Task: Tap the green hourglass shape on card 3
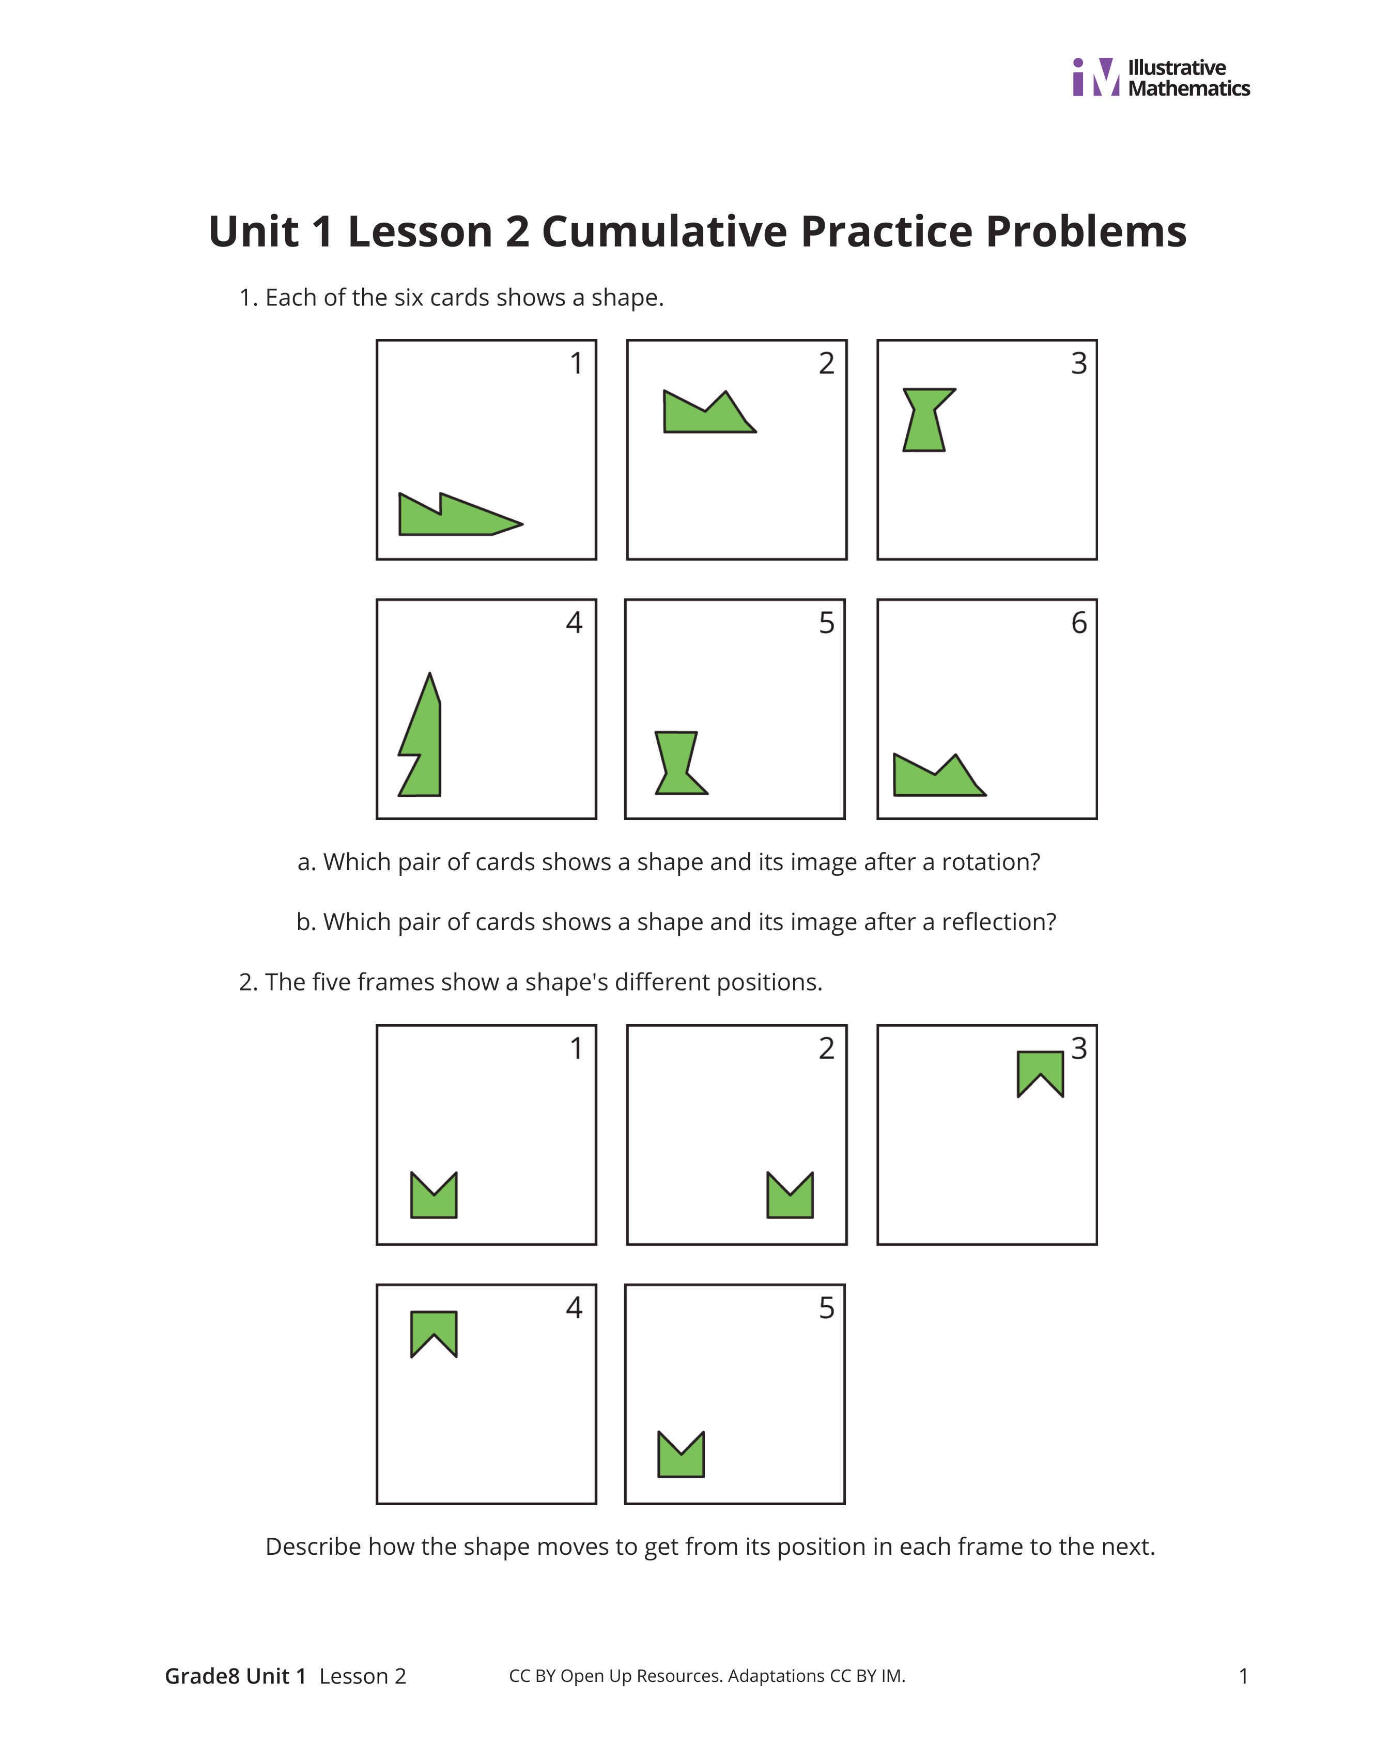tap(926, 420)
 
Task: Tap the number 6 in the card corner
tap(1079, 623)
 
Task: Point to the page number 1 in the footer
tap(1244, 1677)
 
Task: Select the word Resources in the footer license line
tap(679, 1677)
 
